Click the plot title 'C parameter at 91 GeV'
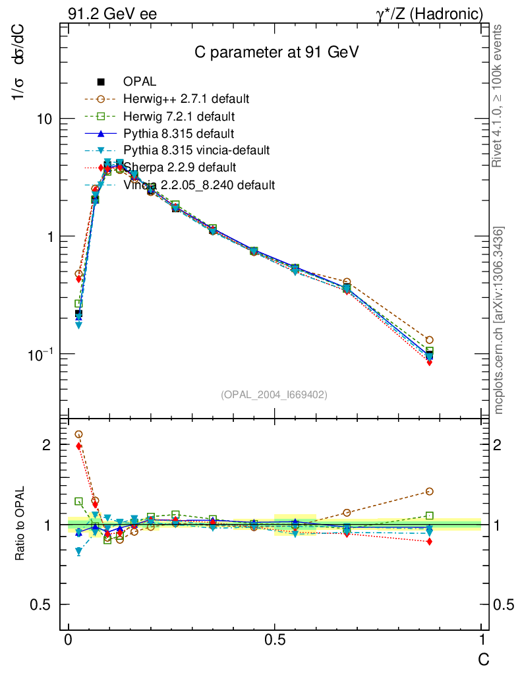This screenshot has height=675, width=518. [x=276, y=53]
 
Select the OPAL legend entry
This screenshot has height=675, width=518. [x=139, y=82]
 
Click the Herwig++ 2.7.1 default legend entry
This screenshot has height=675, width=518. [x=185, y=99]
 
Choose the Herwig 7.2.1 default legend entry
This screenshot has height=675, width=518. [x=178, y=117]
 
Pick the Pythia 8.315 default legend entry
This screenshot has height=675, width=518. [x=178, y=134]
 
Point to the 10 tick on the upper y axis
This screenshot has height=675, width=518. [x=45, y=119]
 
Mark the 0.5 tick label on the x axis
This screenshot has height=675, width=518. [x=275, y=640]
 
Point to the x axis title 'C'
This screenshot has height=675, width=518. [x=483, y=659]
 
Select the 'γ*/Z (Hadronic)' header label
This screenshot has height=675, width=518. [x=429, y=14]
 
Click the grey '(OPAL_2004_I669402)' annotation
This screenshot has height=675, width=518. [x=274, y=394]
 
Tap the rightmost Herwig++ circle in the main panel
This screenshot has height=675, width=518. [x=430, y=340]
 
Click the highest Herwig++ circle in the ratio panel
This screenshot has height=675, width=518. [x=79, y=434]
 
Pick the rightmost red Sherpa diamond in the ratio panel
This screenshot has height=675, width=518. [x=430, y=542]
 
